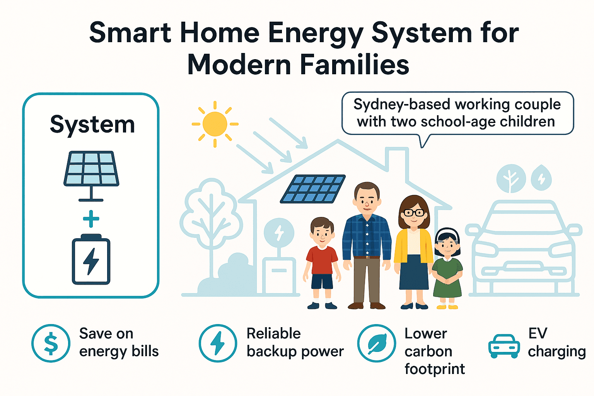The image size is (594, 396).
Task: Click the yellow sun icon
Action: [x=215, y=124]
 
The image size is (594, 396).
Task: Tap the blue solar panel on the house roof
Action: [x=312, y=189]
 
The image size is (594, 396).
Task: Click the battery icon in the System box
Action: [x=91, y=260]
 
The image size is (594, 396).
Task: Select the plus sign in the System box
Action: [x=91, y=219]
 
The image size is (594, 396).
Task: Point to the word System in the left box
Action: [x=92, y=125]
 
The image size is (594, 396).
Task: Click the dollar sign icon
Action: [x=51, y=343]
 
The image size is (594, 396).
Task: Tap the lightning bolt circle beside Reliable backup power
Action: [x=218, y=343]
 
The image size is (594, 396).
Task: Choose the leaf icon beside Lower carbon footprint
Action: [x=376, y=343]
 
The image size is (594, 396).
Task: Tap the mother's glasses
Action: [x=413, y=213]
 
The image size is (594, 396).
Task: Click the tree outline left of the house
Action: [x=211, y=217]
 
